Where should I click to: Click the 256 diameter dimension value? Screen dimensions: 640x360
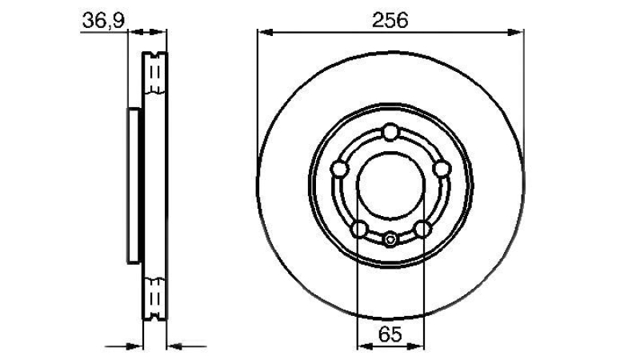click(x=390, y=20)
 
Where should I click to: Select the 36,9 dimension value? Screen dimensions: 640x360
click(x=103, y=21)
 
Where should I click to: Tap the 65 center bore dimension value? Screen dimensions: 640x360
click(x=390, y=335)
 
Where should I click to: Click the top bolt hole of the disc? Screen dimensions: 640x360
click(x=390, y=132)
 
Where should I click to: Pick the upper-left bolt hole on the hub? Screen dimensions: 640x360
click(x=339, y=169)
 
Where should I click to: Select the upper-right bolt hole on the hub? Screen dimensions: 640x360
click(x=442, y=169)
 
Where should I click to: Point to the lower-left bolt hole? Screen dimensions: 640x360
click(x=359, y=229)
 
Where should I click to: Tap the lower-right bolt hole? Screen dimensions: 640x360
click(x=422, y=229)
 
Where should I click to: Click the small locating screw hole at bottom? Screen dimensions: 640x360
click(x=390, y=239)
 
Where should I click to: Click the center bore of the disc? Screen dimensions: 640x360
click(x=390, y=186)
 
